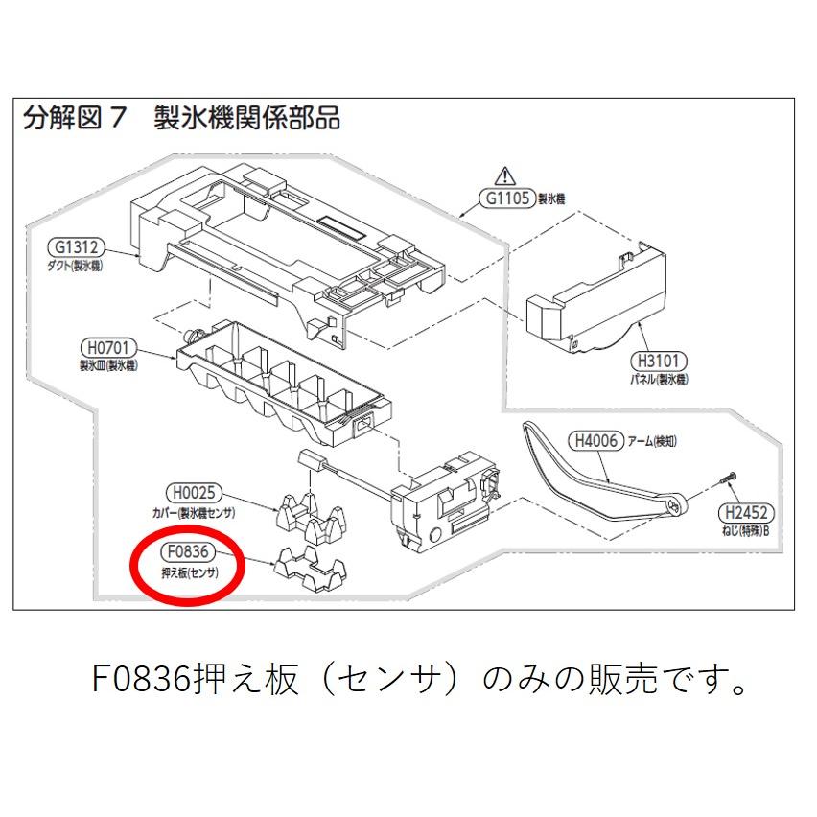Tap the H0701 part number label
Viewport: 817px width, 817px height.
point(110,347)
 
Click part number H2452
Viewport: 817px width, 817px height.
point(748,512)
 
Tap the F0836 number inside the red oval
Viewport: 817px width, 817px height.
point(187,552)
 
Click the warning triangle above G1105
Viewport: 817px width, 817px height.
point(504,175)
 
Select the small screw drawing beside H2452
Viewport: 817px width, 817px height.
point(726,476)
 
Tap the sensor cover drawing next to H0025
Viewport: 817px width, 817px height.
point(306,510)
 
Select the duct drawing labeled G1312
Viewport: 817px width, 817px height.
point(288,240)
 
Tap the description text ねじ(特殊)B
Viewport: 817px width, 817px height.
point(748,530)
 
